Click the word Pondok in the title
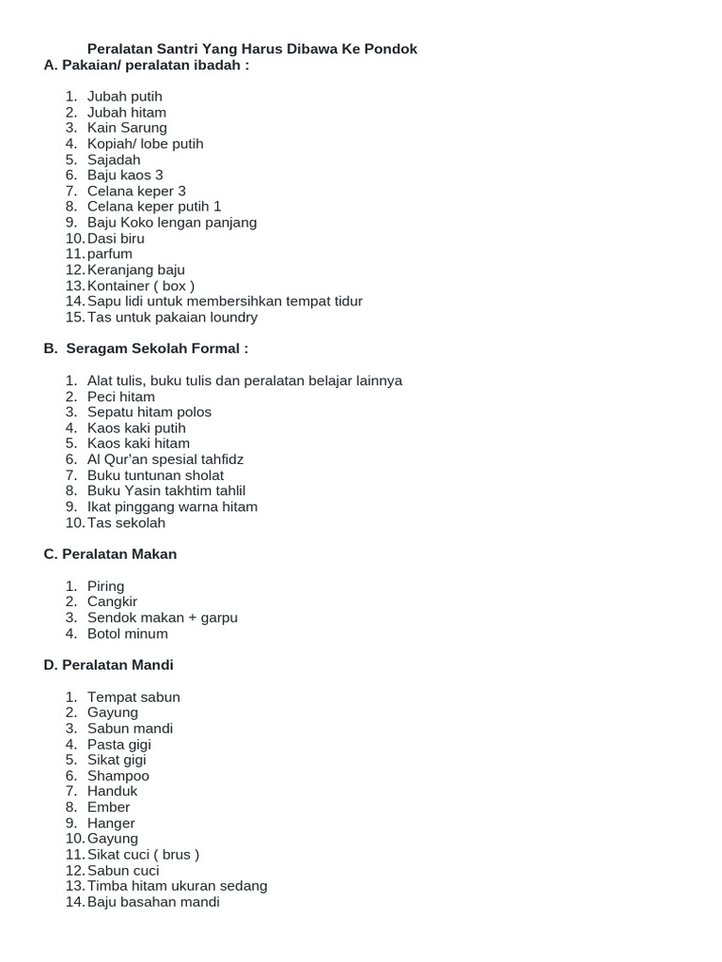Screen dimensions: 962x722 pyautogui.click(x=392, y=49)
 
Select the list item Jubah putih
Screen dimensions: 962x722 pyautogui.click(x=125, y=96)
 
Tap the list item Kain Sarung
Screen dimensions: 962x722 pyautogui.click(x=127, y=128)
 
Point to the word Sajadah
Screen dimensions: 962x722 pyautogui.click(x=114, y=160)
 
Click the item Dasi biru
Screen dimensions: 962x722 pyautogui.click(x=116, y=239)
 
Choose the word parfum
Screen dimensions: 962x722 pyautogui.click(x=110, y=255)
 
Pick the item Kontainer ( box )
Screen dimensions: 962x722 pyautogui.click(x=141, y=286)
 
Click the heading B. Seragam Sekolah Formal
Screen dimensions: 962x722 pyautogui.click(x=147, y=349)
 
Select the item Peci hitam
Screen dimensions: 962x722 pyautogui.click(x=121, y=396)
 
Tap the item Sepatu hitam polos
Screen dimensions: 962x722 pyautogui.click(x=149, y=412)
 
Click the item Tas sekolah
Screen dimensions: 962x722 pyautogui.click(x=126, y=522)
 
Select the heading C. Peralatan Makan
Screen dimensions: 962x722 pyautogui.click(x=110, y=554)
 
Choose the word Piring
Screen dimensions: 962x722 pyautogui.click(x=106, y=586)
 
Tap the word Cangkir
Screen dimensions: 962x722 pyautogui.click(x=113, y=602)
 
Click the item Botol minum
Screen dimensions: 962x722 pyautogui.click(x=128, y=633)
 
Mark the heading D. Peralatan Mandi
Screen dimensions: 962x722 pyautogui.click(x=108, y=665)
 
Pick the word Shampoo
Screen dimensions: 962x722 pyautogui.click(x=118, y=776)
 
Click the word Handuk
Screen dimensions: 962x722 pyautogui.click(x=113, y=791)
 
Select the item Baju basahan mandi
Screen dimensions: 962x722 pyautogui.click(x=153, y=902)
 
